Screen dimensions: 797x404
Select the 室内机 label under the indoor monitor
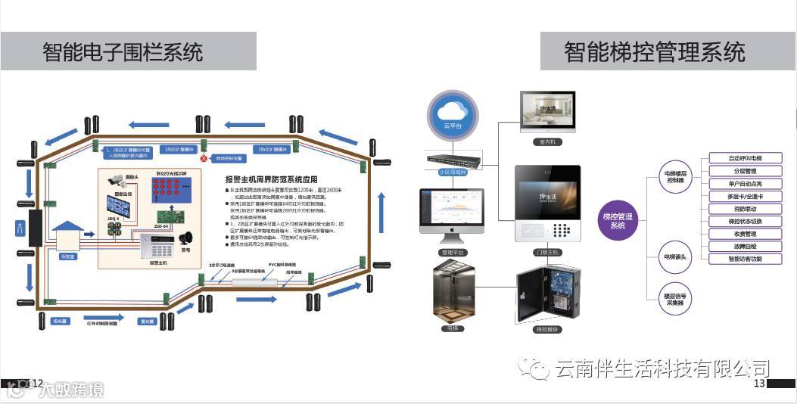pos(545,142)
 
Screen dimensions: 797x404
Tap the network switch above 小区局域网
pos(453,160)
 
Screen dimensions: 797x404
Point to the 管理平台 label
pos(453,252)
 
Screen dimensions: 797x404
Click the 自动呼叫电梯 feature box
pos(745,158)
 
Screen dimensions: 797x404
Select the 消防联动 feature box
pos(745,208)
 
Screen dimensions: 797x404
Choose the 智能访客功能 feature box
pos(745,259)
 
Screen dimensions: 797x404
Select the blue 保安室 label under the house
pos(67,256)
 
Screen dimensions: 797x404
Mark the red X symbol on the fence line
pos(203,159)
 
